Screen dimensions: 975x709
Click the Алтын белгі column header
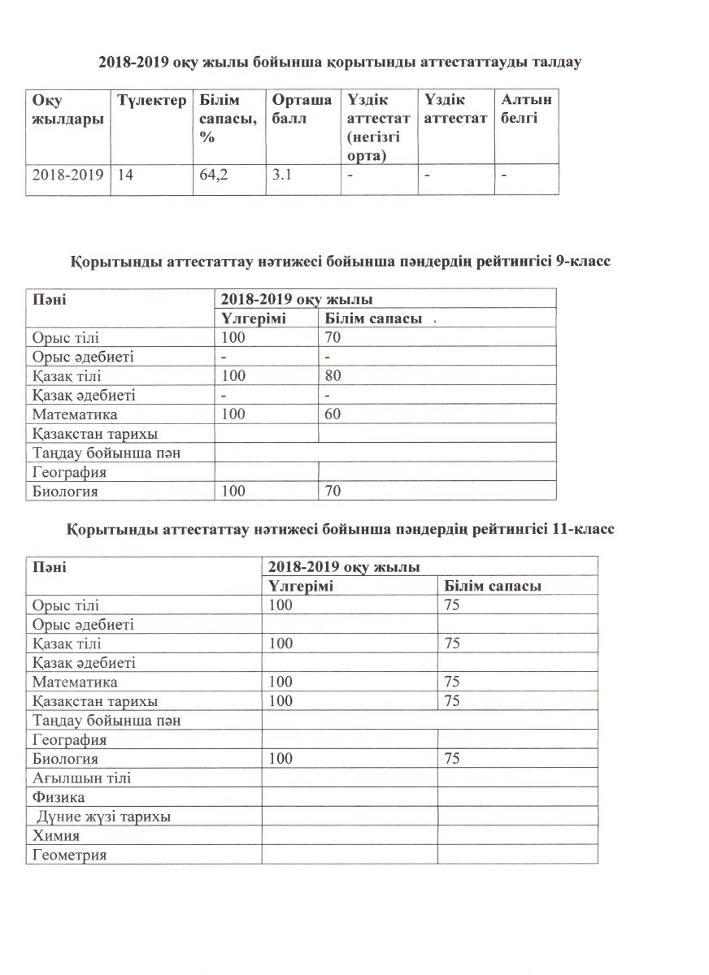coord(526,110)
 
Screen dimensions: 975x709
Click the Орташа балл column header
coord(302,110)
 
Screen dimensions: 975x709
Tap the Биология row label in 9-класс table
coord(65,491)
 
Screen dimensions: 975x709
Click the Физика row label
coord(58,797)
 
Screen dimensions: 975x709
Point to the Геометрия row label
coord(70,855)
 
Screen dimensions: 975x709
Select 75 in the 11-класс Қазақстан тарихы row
coord(453,700)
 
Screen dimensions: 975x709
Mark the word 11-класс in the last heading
coord(580,529)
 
